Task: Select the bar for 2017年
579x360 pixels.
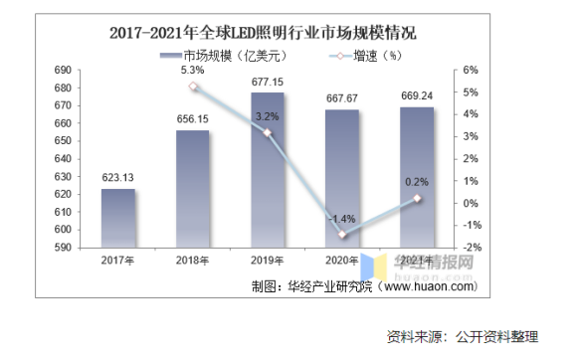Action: point(117,218)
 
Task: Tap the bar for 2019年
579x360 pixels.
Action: point(268,169)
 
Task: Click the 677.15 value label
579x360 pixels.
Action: point(268,82)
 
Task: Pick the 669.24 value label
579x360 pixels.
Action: point(416,97)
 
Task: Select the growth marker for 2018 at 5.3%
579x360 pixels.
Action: point(194,87)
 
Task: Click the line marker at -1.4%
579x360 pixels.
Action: point(342,235)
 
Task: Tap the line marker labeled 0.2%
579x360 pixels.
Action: point(417,198)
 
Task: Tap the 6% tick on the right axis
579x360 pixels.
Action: point(471,71)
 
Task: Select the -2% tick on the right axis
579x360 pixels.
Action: point(471,248)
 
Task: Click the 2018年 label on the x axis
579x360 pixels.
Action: point(192,261)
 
